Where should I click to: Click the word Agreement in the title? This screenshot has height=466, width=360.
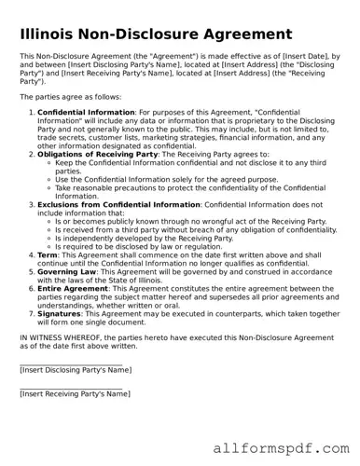pos(236,35)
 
